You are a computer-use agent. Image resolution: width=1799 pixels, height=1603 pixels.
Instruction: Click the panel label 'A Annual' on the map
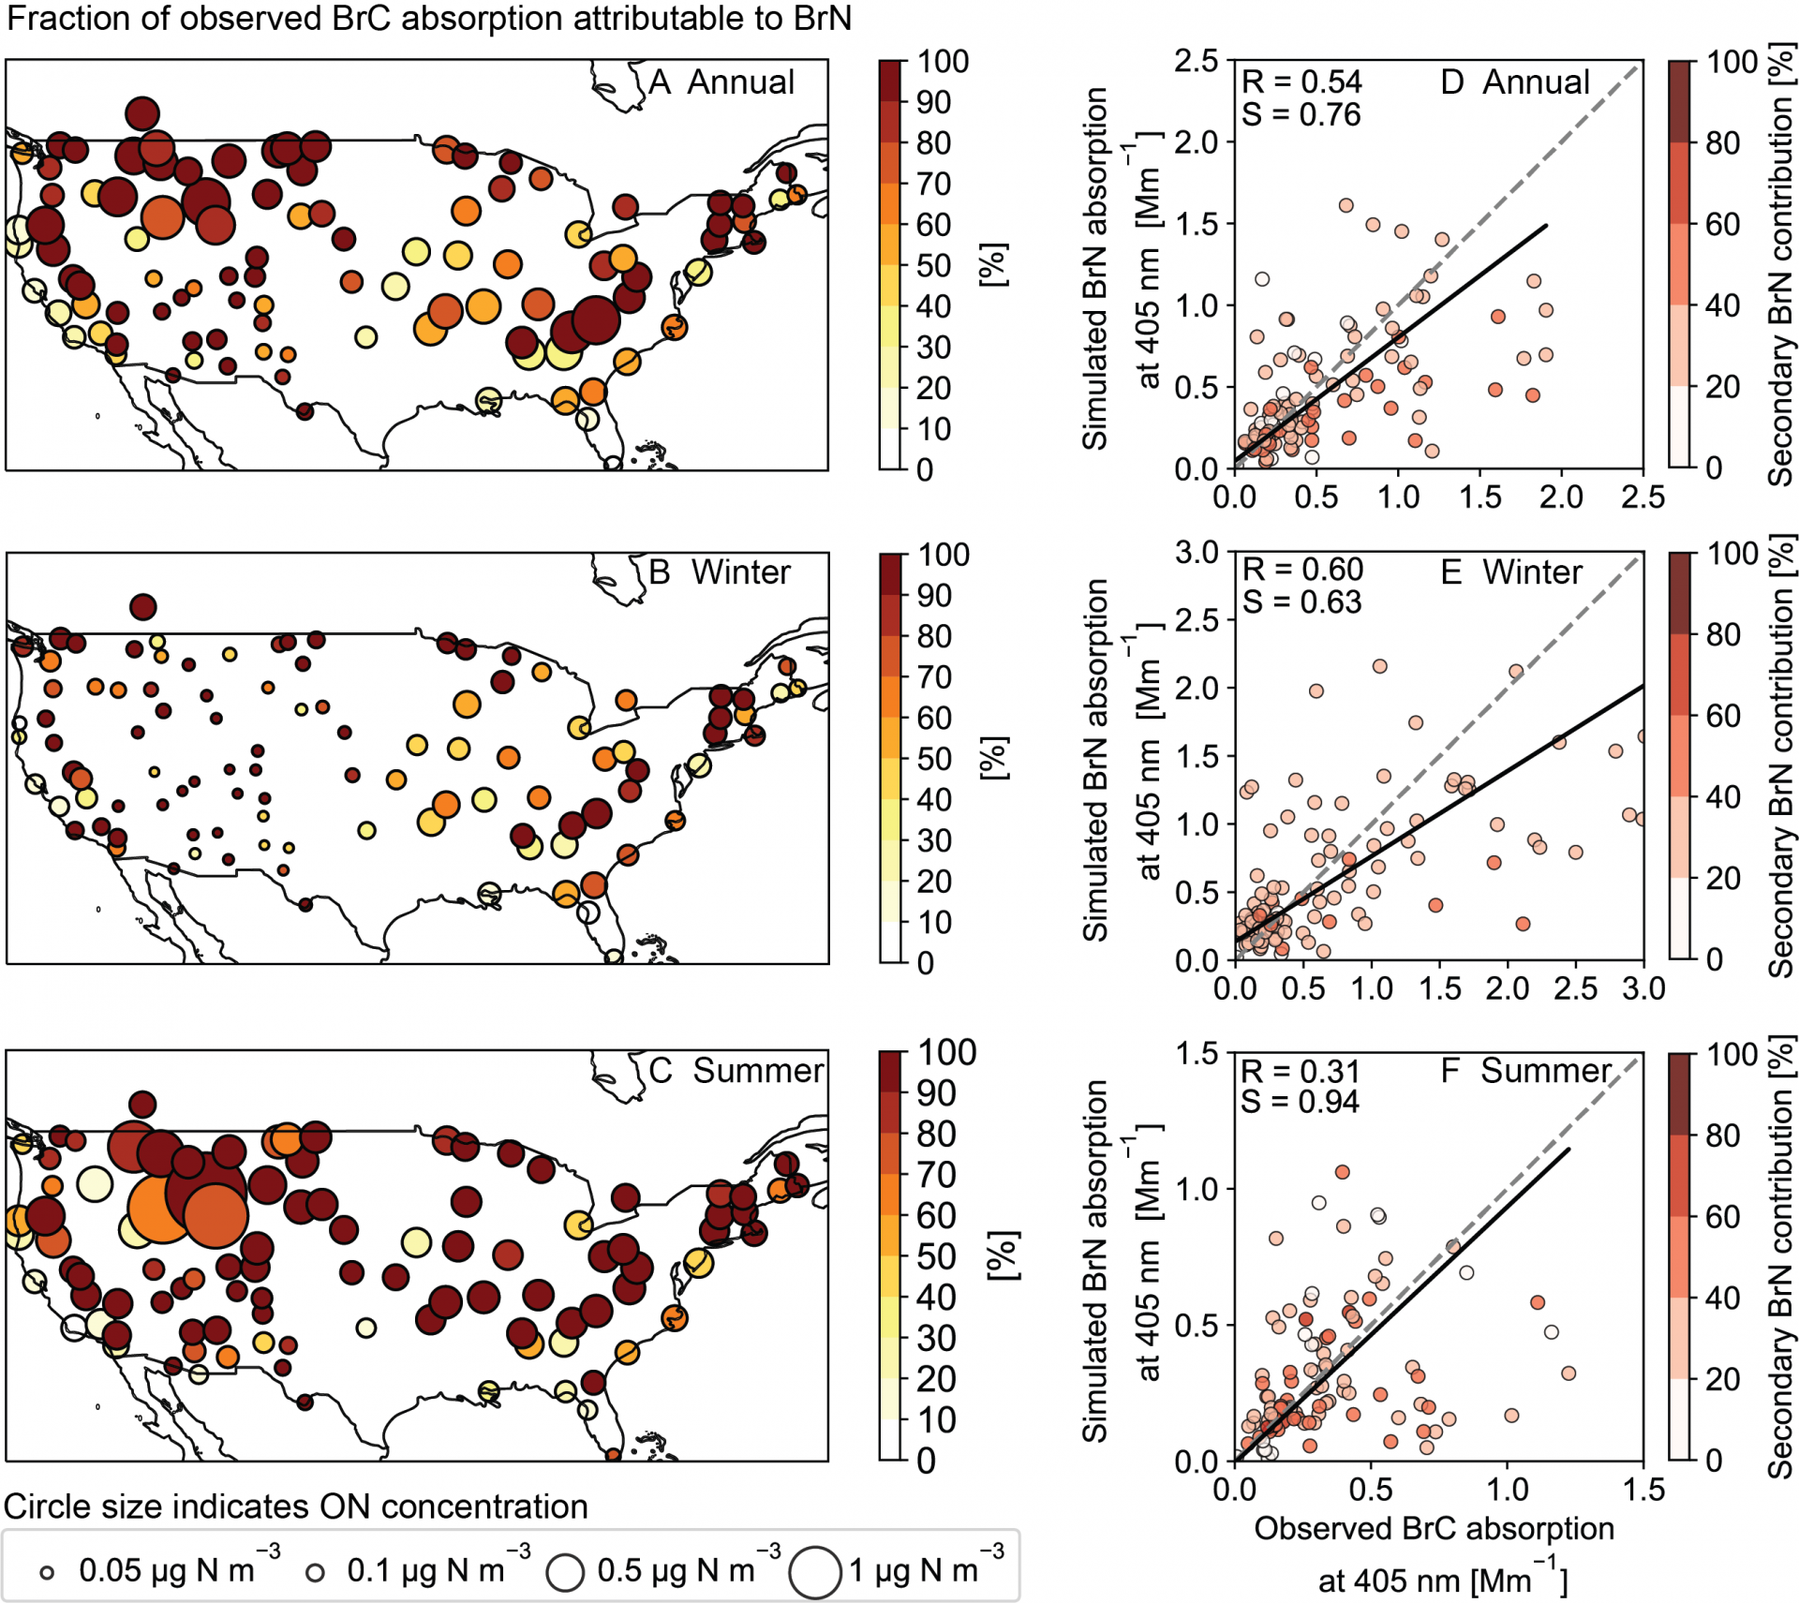[721, 82]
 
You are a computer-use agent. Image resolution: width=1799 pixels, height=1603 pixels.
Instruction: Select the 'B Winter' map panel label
[720, 572]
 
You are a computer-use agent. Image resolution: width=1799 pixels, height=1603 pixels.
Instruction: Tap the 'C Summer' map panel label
[736, 1070]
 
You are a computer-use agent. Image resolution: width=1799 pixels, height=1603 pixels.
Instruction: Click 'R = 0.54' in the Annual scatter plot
[1301, 82]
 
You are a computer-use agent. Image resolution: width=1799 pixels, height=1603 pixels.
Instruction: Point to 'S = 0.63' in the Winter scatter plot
[1301, 601]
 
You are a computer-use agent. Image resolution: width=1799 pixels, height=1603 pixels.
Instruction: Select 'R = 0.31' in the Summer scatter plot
[1300, 1071]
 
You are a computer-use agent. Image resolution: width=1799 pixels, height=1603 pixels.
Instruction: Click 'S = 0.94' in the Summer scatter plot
[1300, 1102]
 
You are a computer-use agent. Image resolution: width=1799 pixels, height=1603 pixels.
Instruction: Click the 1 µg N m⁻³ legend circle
[814, 1572]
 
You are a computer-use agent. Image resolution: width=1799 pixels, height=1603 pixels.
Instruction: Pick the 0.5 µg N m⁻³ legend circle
[566, 1572]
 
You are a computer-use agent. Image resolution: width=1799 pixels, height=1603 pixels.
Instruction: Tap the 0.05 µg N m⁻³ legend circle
[47, 1573]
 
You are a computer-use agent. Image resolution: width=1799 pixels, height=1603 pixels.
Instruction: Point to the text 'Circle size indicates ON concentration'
[296, 1507]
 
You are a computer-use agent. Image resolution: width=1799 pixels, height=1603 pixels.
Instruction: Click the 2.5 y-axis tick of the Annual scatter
[1197, 62]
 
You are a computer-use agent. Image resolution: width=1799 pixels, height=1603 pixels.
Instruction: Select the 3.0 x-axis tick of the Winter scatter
[1643, 988]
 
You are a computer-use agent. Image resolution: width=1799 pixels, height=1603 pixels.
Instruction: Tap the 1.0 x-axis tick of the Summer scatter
[1508, 1489]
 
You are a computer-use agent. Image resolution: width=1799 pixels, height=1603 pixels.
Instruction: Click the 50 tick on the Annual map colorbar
[933, 266]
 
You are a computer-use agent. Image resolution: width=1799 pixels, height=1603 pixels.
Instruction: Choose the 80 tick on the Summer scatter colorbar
[1723, 1135]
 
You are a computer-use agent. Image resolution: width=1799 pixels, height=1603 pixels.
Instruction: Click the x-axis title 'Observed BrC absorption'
[1435, 1528]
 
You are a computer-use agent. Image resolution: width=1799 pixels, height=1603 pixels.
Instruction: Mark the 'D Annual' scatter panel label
[1515, 82]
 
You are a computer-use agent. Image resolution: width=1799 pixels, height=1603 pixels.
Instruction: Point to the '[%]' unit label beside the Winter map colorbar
[993, 758]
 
